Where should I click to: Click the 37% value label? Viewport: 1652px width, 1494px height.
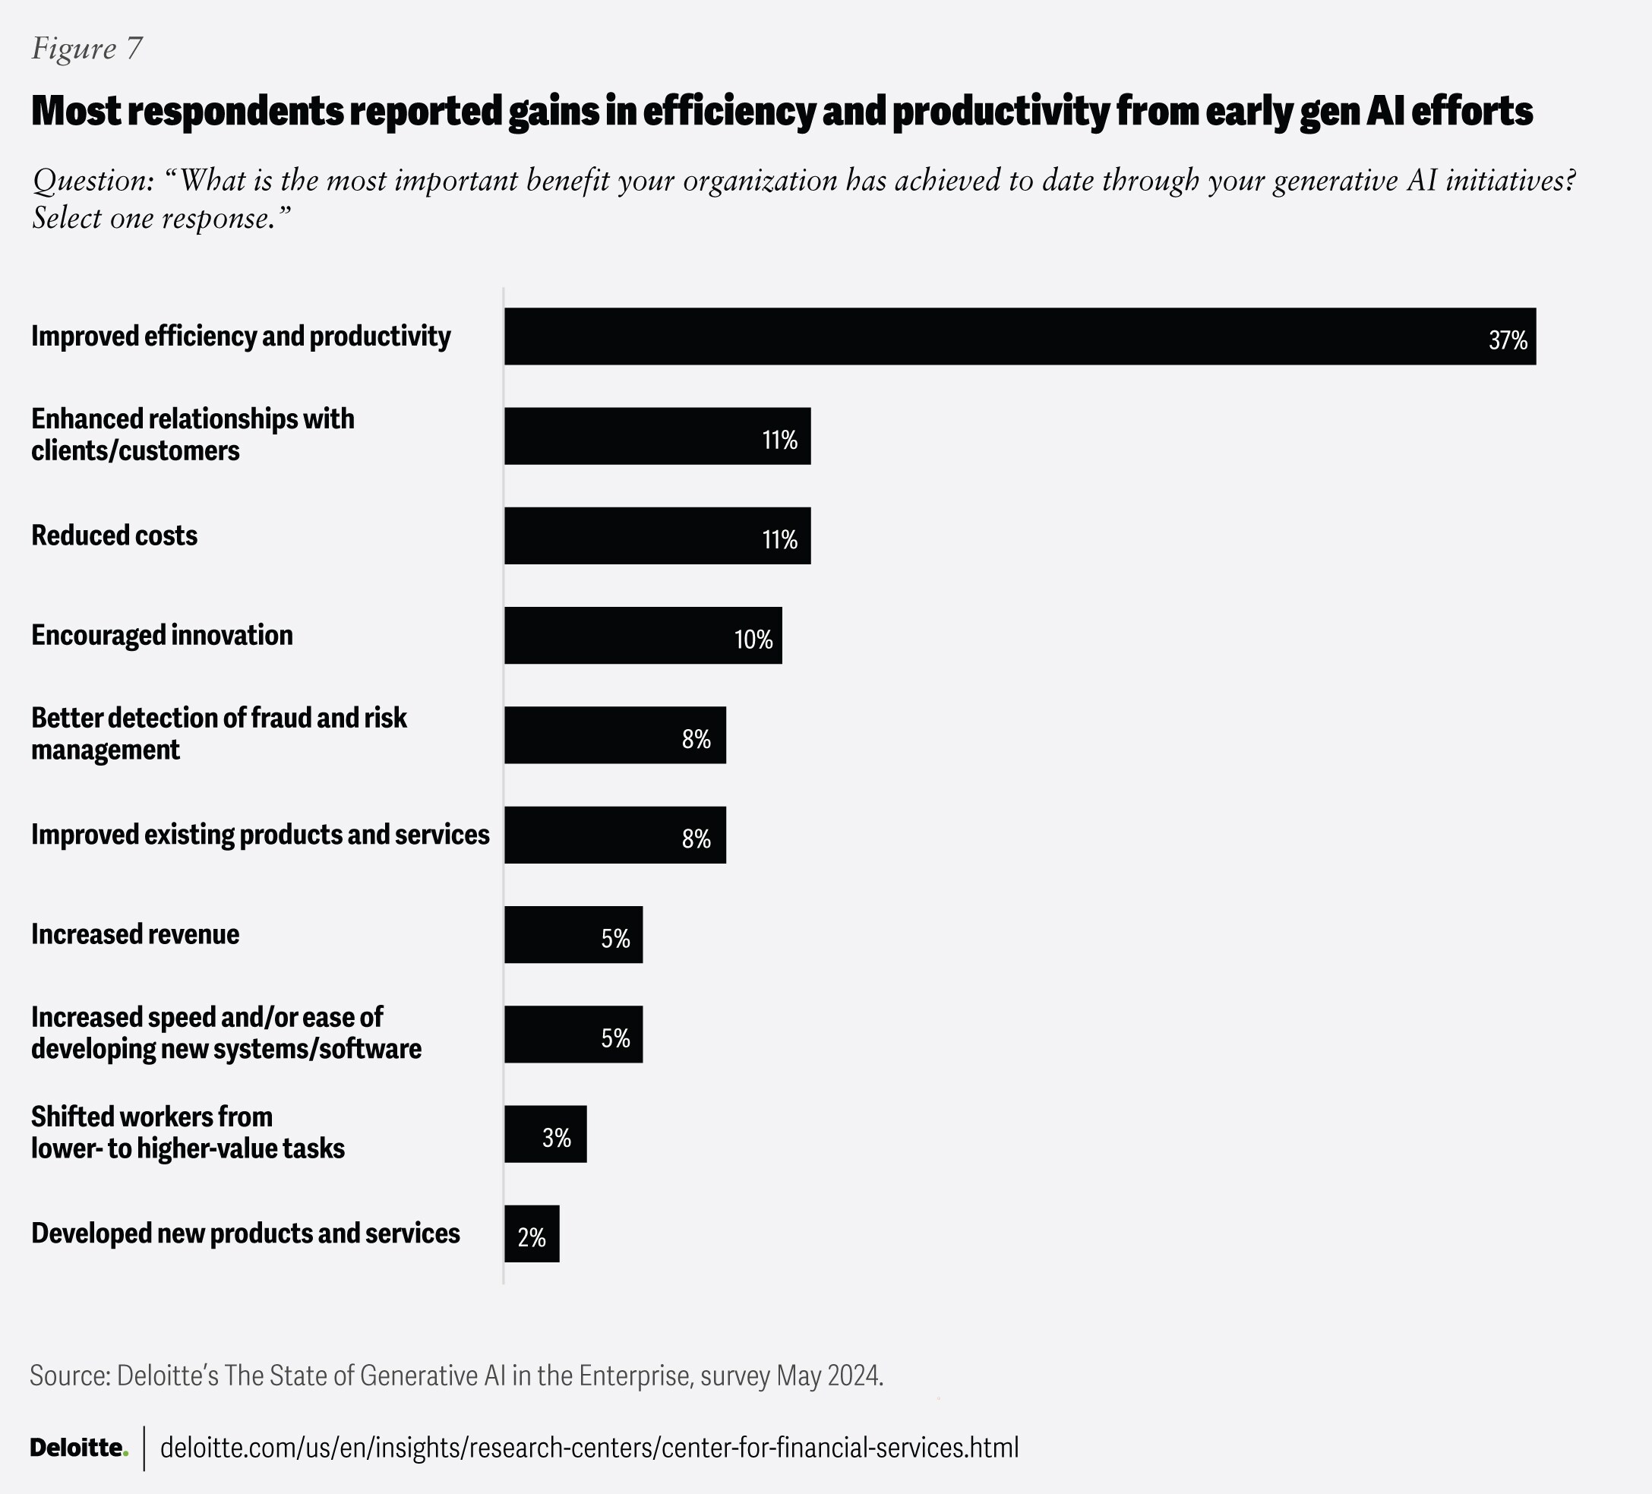pyautogui.click(x=1507, y=340)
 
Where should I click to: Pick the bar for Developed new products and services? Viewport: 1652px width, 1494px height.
pyautogui.click(x=531, y=1233)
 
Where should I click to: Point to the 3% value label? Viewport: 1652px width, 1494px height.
pyautogui.click(x=557, y=1138)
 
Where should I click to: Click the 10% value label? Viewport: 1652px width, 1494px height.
pyautogui.click(x=753, y=640)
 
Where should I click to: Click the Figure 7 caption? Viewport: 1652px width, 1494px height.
pyautogui.click(x=87, y=49)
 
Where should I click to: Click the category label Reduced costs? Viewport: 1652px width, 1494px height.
pyautogui.click(x=114, y=536)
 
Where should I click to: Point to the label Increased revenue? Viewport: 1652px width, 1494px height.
pyautogui.click(x=135, y=934)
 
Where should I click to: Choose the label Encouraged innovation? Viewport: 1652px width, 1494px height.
pyautogui.click(x=162, y=635)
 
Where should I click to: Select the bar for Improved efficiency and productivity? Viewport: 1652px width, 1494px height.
pyautogui.click(x=1019, y=336)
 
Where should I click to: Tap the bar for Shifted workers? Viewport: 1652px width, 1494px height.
pyautogui.click(x=545, y=1133)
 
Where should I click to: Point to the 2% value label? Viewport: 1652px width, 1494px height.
pyautogui.click(x=532, y=1237)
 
